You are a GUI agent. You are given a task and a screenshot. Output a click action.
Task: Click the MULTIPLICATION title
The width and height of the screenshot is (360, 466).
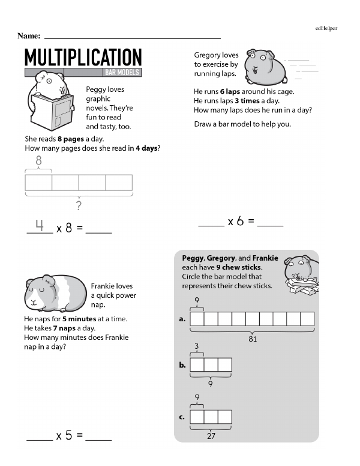coord(83,57)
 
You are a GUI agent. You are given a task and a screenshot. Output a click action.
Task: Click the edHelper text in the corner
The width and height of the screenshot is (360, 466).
coord(326,28)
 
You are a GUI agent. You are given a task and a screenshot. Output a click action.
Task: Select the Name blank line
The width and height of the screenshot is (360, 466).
coord(132,37)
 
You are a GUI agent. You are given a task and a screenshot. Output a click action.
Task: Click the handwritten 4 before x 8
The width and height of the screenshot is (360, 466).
coord(40,225)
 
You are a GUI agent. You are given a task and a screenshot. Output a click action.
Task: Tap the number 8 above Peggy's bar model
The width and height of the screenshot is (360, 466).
coord(39,160)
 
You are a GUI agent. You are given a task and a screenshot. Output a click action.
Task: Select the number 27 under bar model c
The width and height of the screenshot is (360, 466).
coord(211,436)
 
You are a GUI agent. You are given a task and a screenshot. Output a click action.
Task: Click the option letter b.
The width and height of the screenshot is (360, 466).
coord(182,365)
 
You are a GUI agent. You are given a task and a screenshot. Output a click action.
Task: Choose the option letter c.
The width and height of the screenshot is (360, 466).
coord(182,417)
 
